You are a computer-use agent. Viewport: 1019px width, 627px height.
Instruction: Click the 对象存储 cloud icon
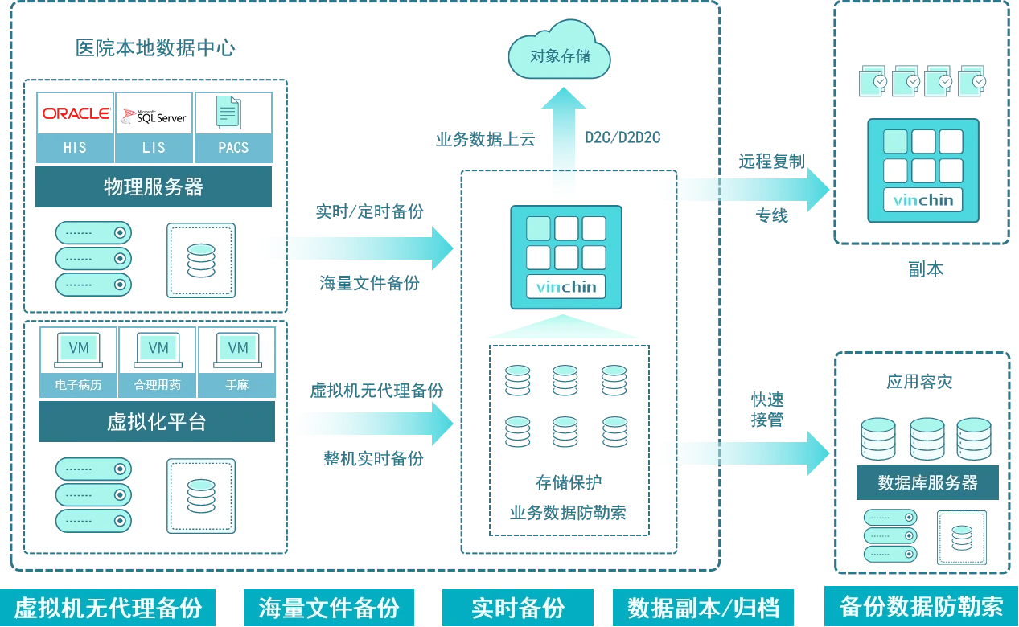[560, 55]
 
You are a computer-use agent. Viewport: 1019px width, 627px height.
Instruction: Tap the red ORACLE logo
[76, 113]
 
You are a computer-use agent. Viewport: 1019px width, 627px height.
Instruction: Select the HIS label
[75, 148]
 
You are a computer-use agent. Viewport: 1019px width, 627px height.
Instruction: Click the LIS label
[154, 148]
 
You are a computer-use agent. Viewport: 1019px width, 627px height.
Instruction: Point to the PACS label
[233, 148]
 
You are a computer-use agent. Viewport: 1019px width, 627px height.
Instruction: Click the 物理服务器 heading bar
[154, 188]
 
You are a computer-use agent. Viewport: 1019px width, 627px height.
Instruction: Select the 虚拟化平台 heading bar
[157, 421]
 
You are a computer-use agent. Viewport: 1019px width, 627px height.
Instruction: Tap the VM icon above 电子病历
[79, 348]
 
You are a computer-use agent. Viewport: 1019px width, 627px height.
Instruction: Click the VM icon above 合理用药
[158, 348]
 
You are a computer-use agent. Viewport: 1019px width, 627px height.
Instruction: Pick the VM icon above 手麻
[237, 348]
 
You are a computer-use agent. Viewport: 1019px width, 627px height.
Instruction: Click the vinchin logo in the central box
[566, 287]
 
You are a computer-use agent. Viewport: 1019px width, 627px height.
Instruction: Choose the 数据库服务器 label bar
[928, 482]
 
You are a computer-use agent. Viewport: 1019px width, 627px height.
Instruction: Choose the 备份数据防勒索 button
[921, 606]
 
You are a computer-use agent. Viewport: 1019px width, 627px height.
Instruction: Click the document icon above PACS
[228, 112]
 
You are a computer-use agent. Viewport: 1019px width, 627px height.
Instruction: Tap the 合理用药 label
[158, 385]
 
